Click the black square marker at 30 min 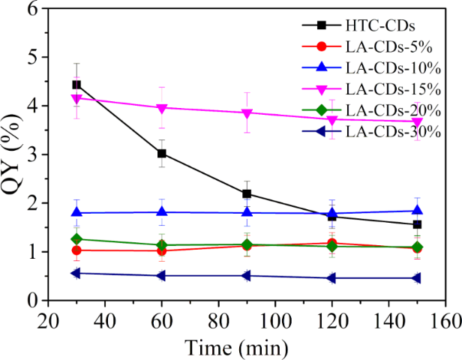click(76, 85)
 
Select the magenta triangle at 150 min click(417, 121)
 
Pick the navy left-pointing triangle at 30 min click(76, 273)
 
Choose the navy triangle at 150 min click(417, 278)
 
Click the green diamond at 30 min click(76, 239)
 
